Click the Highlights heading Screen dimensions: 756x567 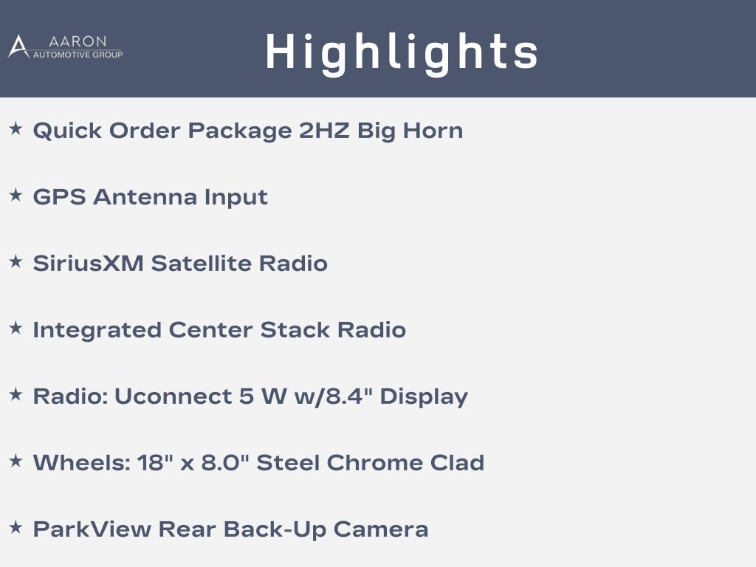pyautogui.click(x=402, y=52)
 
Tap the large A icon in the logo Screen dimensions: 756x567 pyautogui.click(x=18, y=47)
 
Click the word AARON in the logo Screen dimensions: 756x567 pyautogui.click(x=78, y=41)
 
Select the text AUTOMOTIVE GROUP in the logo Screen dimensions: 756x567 pyautogui.click(x=78, y=55)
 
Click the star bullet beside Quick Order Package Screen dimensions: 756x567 pyautogui.click(x=16, y=128)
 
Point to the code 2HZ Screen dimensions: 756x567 pyautogui.click(x=324, y=131)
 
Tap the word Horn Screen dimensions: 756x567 pyautogui.click(x=433, y=131)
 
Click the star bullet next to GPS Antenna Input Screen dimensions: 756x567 pyautogui.click(x=16, y=195)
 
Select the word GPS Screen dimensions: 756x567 pyautogui.click(x=59, y=197)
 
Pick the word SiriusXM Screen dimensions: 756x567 pyautogui.click(x=89, y=264)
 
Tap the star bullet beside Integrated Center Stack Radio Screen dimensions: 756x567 pyautogui.click(x=16, y=329)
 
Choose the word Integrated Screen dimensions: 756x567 pyautogui.click(x=97, y=331)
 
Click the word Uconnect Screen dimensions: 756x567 pyautogui.click(x=173, y=396)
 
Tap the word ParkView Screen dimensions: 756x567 pyautogui.click(x=92, y=529)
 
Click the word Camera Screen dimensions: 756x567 pyautogui.click(x=381, y=529)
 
